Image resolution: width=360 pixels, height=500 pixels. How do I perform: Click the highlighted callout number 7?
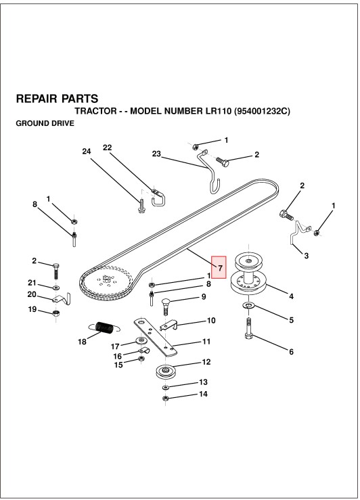[x=220, y=267]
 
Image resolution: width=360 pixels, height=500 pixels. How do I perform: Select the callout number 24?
[x=87, y=151]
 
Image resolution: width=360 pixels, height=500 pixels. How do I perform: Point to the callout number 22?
[x=108, y=147]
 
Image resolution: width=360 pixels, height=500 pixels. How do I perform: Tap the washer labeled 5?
[x=248, y=306]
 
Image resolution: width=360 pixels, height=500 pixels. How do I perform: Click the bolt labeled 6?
[x=249, y=329]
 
